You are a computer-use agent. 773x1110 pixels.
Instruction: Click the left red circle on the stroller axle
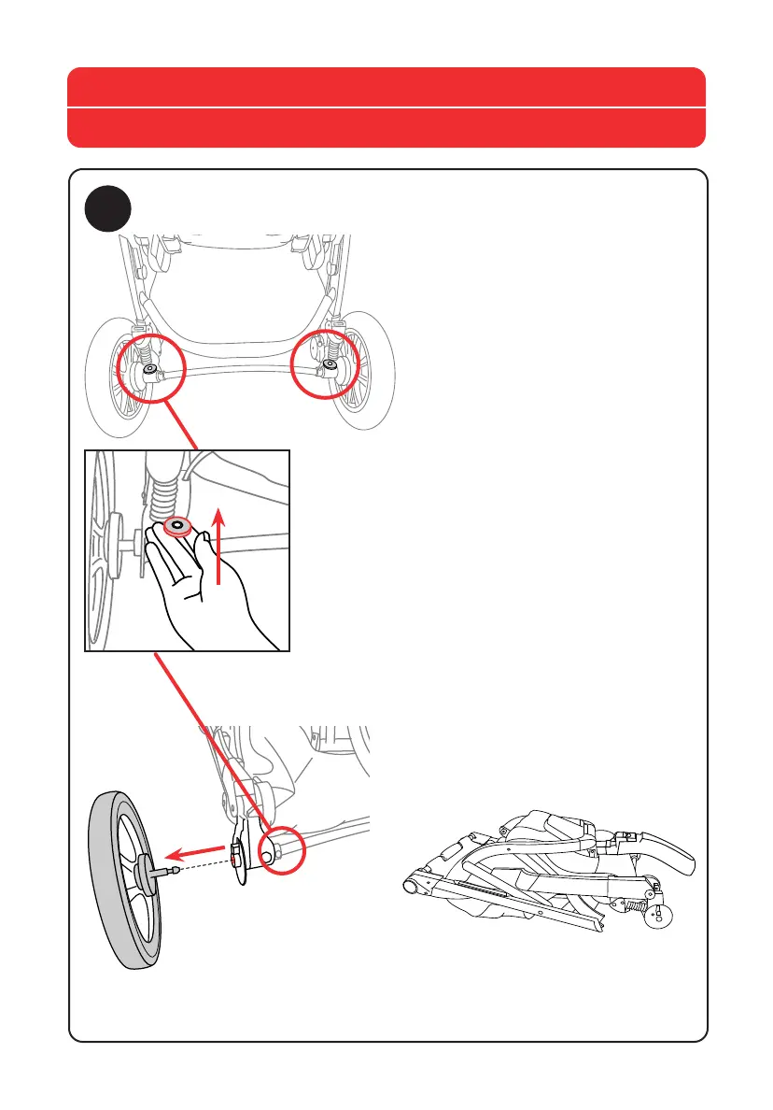click(145, 371)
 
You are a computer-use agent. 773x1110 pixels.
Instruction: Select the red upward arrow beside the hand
click(218, 546)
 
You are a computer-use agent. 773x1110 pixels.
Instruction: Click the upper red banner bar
click(386, 87)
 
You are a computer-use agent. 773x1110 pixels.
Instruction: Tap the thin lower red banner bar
click(386, 128)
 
